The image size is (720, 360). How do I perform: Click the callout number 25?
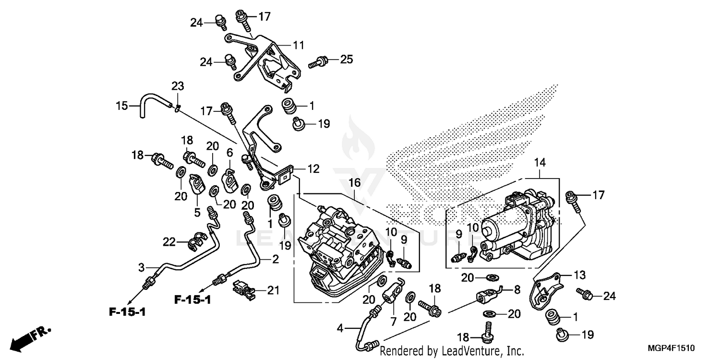pos(347,60)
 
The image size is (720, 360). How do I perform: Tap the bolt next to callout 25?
pos(319,61)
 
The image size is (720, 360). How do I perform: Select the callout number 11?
pos(299,46)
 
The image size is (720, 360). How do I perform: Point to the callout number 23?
pos(178,86)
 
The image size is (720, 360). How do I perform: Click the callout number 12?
pos(313,169)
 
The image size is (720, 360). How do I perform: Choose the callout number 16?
pos(354,182)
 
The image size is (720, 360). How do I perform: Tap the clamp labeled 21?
pos(243,289)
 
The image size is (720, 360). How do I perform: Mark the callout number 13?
pos(580,275)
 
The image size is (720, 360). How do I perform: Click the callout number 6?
pos(229,153)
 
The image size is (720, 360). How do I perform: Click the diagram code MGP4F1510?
pos(676,348)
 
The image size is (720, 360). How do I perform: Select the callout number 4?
pos(340,329)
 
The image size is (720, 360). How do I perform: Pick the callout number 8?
pos(517,289)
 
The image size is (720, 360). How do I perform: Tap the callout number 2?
pos(275,260)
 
